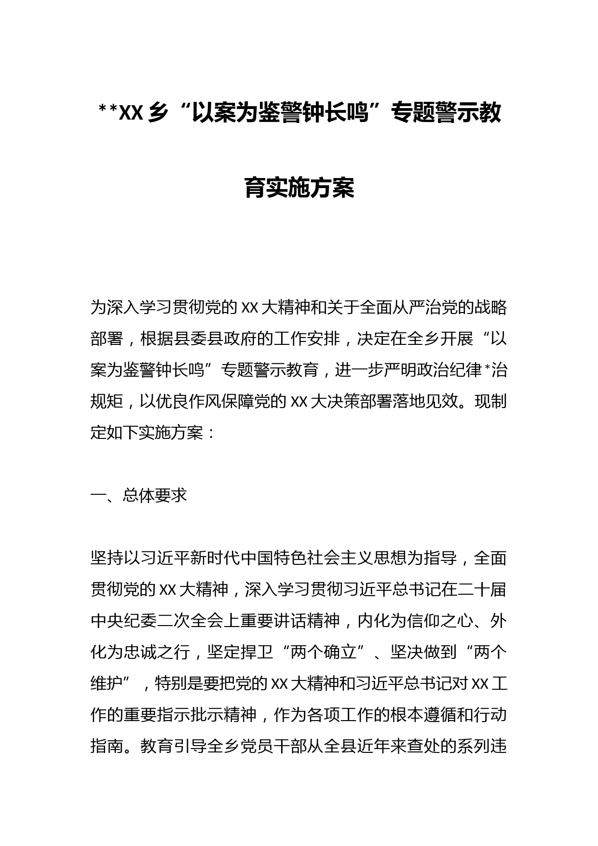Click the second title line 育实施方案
coord(299,188)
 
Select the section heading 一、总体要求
coord(139,496)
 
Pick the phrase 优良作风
coord(189,401)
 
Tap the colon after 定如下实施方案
coord(210,433)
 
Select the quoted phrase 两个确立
coord(323,653)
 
